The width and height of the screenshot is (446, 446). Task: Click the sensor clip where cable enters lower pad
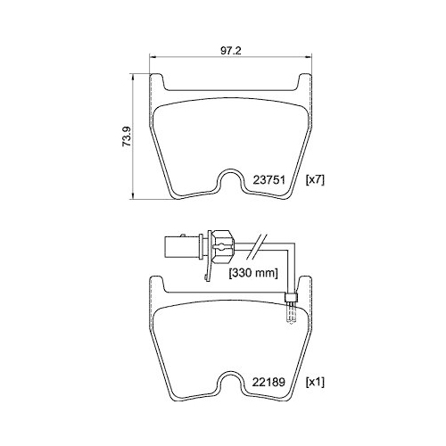[x=288, y=301]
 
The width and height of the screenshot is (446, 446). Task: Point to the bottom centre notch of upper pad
[x=231, y=183]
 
